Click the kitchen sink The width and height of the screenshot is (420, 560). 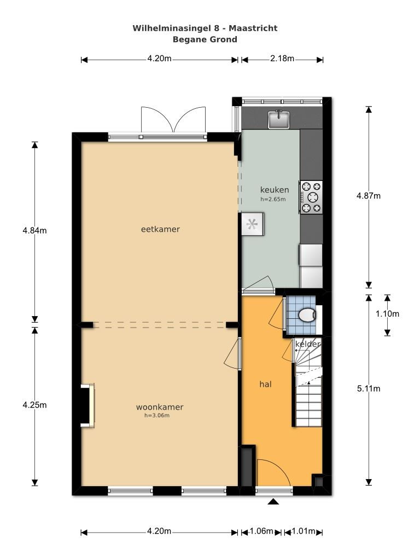pyautogui.click(x=279, y=119)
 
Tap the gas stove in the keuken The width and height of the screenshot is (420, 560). pyautogui.click(x=311, y=197)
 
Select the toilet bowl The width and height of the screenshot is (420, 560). pyautogui.click(x=307, y=316)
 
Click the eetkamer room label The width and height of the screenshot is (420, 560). pyautogui.click(x=160, y=229)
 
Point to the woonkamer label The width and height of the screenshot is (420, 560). pyautogui.click(x=160, y=407)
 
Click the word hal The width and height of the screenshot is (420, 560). pyautogui.click(x=265, y=384)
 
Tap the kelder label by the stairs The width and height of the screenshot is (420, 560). pyautogui.click(x=307, y=344)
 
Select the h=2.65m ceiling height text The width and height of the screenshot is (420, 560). pyautogui.click(x=273, y=199)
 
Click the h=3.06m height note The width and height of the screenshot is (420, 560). pyautogui.click(x=157, y=416)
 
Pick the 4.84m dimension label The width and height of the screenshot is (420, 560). pyautogui.click(x=34, y=231)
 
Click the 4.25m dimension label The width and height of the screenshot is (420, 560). pyautogui.click(x=34, y=405)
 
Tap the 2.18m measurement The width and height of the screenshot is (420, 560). pyautogui.click(x=282, y=59)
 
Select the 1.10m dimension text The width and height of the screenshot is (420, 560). pyautogui.click(x=387, y=314)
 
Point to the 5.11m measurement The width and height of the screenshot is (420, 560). pyautogui.click(x=369, y=389)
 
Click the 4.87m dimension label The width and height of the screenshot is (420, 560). pyautogui.click(x=369, y=196)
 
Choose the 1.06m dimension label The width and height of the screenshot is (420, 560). pyautogui.click(x=261, y=531)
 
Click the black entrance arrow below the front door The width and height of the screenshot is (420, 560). pyautogui.click(x=273, y=502)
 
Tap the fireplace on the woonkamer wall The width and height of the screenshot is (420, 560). pyautogui.click(x=88, y=405)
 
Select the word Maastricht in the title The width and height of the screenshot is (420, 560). pyautogui.click(x=253, y=28)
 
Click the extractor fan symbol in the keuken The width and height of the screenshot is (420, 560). pyautogui.click(x=252, y=224)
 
